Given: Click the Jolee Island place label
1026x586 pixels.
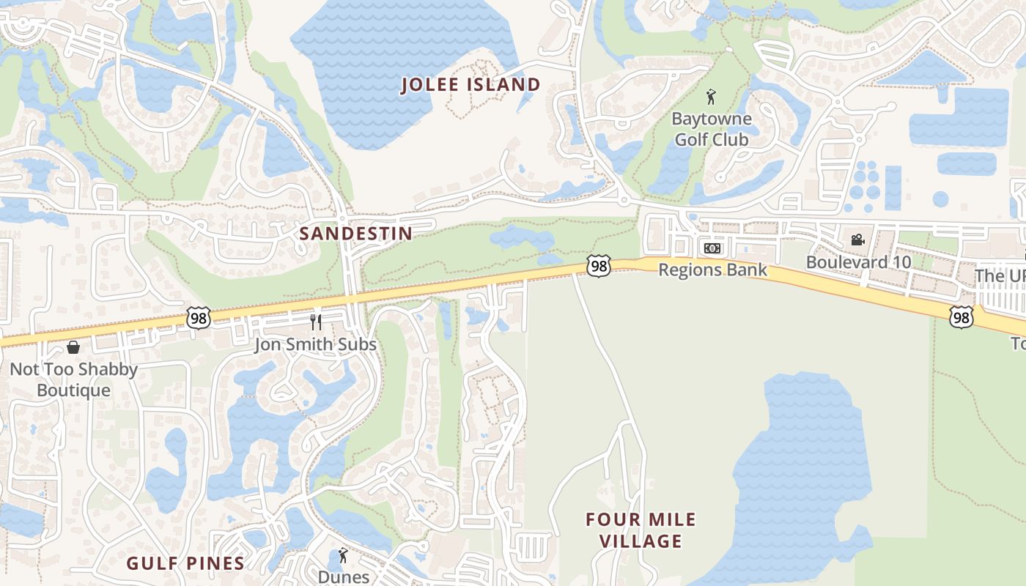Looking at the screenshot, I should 470,85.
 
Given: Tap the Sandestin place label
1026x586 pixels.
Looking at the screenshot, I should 355,234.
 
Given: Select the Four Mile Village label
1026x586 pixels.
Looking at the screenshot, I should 641,530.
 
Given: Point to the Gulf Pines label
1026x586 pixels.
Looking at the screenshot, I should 185,563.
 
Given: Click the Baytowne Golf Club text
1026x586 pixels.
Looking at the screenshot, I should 711,129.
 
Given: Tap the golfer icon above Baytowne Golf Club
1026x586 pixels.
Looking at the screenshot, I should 710,96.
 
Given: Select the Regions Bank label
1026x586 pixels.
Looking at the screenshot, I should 712,270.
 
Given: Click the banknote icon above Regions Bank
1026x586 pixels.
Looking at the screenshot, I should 712,248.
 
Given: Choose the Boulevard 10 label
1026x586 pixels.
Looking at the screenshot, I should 858,262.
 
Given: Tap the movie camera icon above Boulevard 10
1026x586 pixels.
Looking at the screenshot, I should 857,240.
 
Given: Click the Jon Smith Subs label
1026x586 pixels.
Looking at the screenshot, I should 315,344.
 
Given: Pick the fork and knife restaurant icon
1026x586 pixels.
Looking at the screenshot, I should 316,322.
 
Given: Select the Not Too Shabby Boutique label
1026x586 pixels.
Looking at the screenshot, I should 73,379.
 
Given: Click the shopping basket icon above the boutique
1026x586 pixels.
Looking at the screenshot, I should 73,347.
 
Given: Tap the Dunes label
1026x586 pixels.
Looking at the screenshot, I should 343,576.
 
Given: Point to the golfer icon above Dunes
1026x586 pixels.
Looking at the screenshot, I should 343,555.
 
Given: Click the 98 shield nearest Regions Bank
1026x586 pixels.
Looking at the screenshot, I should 599,266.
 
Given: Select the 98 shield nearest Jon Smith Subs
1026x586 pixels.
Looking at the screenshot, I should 198,317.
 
